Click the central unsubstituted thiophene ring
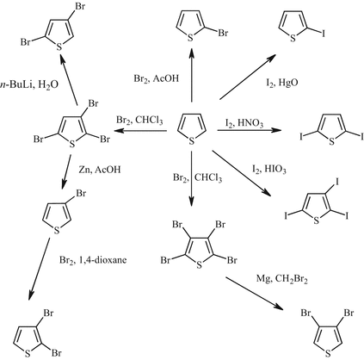(x=191, y=128)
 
